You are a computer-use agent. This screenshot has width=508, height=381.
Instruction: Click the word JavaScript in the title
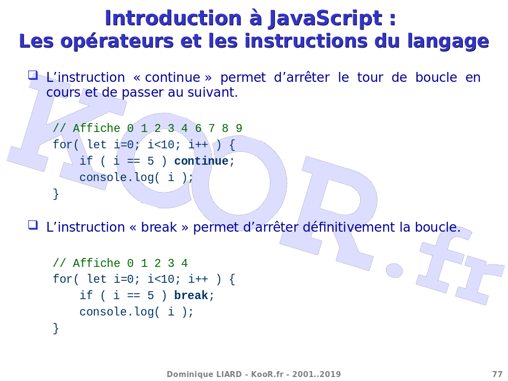pyautogui.click(x=325, y=19)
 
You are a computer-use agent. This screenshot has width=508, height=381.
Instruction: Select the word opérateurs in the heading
pyautogui.click(x=117, y=41)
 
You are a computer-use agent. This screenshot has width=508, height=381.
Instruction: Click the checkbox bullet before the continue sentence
pyautogui.click(x=33, y=75)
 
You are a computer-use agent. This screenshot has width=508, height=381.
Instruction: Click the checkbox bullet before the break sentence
pyautogui.click(x=33, y=225)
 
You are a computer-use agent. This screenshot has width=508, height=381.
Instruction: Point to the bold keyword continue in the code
pyautogui.click(x=201, y=161)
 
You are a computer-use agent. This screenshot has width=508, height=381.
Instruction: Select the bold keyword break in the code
pyautogui.click(x=191, y=295)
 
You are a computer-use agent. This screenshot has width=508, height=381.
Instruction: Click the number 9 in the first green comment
pyautogui.click(x=239, y=128)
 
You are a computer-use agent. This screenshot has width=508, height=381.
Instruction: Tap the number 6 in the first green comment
pyautogui.click(x=198, y=128)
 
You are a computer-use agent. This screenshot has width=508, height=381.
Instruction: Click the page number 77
pyautogui.click(x=497, y=374)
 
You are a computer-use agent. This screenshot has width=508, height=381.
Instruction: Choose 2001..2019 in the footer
pyautogui.click(x=317, y=374)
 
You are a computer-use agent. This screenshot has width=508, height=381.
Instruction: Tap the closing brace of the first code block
pyautogui.click(x=56, y=194)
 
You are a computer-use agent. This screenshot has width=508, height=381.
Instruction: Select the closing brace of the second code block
pyautogui.click(x=56, y=328)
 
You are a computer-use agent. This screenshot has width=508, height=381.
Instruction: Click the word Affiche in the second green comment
pyautogui.click(x=96, y=263)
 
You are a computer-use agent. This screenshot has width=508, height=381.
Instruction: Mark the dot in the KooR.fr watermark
pyautogui.click(x=394, y=270)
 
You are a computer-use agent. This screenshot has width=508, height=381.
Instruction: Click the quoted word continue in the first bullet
pyautogui.click(x=172, y=78)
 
